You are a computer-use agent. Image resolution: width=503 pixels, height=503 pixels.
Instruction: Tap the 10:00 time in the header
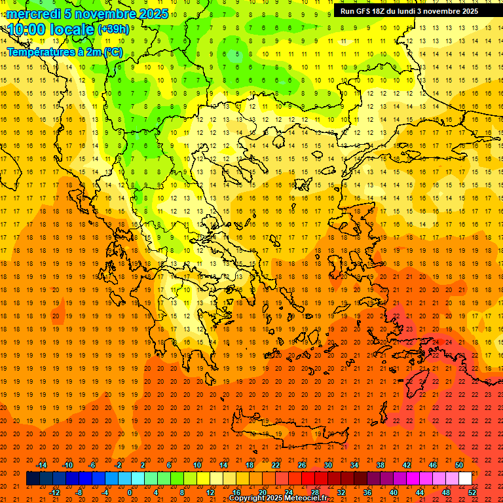[27, 29]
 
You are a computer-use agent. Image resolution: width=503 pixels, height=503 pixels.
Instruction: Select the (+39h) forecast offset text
[113, 29]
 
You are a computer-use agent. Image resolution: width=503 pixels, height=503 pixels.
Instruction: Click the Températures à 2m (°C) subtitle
[64, 52]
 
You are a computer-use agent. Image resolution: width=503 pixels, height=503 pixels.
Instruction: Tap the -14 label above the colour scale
[41, 465]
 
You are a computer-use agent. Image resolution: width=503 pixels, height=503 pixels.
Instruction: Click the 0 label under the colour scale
[130, 493]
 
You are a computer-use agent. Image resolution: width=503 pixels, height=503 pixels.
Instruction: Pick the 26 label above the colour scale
[302, 465]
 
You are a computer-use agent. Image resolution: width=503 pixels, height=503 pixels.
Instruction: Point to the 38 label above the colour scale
[380, 465]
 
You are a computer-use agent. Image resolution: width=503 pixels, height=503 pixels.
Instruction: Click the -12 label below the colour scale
[54, 493]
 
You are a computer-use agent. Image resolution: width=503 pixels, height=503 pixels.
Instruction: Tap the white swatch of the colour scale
[465, 479]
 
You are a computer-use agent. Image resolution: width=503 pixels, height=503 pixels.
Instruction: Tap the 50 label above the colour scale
[458, 465]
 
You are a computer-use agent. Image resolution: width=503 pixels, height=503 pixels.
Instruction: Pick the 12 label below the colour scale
[210, 493]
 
